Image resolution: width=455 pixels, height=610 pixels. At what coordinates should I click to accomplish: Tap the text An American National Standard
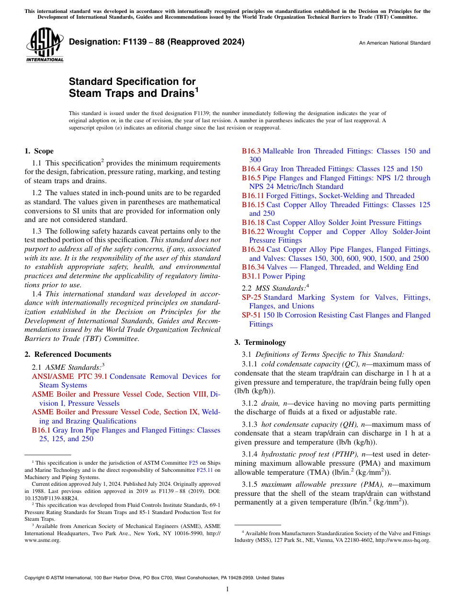(x=395, y=43)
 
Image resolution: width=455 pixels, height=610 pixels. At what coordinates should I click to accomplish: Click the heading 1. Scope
(x=39, y=151)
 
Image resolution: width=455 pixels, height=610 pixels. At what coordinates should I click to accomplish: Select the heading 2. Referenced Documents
(x=68, y=354)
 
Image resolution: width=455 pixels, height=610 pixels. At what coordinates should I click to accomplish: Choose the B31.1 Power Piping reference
(x=273, y=276)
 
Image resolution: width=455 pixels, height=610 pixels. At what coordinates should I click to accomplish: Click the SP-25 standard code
(x=252, y=297)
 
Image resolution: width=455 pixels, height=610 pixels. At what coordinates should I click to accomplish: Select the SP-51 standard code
(x=252, y=315)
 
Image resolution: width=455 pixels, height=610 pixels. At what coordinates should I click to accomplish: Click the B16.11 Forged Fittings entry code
(x=253, y=196)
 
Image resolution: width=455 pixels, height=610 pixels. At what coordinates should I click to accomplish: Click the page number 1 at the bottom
(x=227, y=589)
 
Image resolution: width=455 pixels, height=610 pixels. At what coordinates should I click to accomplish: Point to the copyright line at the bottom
(x=154, y=578)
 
